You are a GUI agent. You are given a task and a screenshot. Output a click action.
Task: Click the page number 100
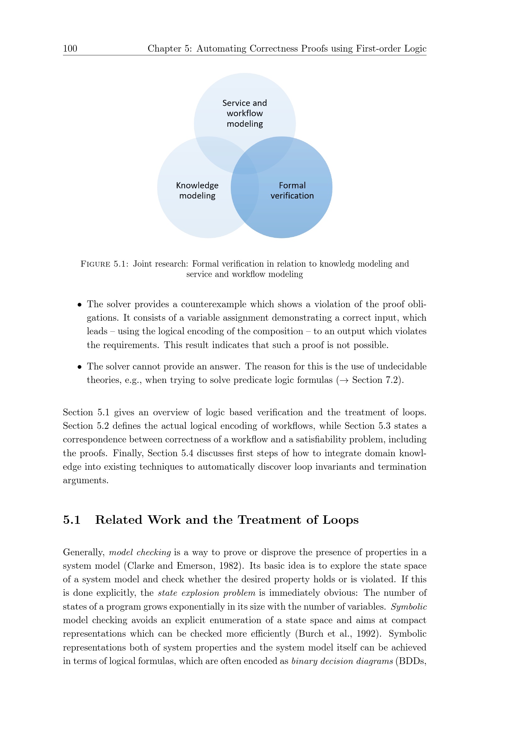[70, 48]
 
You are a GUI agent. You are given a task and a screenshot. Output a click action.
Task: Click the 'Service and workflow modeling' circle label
[245, 113]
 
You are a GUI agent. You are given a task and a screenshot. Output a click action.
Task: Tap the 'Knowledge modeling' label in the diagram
[197, 191]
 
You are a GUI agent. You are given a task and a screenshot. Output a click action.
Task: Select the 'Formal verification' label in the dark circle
[292, 191]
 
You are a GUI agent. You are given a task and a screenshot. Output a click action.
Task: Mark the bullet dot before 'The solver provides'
[80, 305]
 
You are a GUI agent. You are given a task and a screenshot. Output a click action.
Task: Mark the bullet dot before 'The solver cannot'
[80, 367]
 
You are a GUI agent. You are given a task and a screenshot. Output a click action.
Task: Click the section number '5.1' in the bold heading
[71, 520]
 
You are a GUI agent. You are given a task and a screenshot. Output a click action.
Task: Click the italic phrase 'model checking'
[140, 552]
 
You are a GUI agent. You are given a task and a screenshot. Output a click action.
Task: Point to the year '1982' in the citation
[229, 566]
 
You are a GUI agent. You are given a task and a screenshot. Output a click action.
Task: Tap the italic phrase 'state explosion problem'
[207, 593]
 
